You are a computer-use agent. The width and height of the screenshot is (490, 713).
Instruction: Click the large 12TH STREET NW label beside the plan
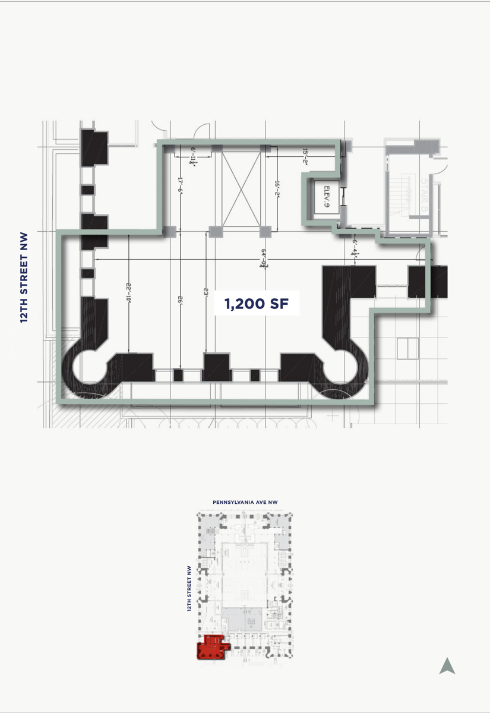point(24,277)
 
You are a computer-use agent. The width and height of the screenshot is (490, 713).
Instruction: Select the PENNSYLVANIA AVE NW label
point(245,502)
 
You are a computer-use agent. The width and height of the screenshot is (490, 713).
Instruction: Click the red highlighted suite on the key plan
point(210,648)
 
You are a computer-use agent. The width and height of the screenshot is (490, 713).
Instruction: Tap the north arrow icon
point(447,666)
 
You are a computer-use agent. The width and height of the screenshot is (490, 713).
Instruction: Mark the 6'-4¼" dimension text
point(355,245)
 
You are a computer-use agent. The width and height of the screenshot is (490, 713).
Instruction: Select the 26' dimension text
point(179,300)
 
